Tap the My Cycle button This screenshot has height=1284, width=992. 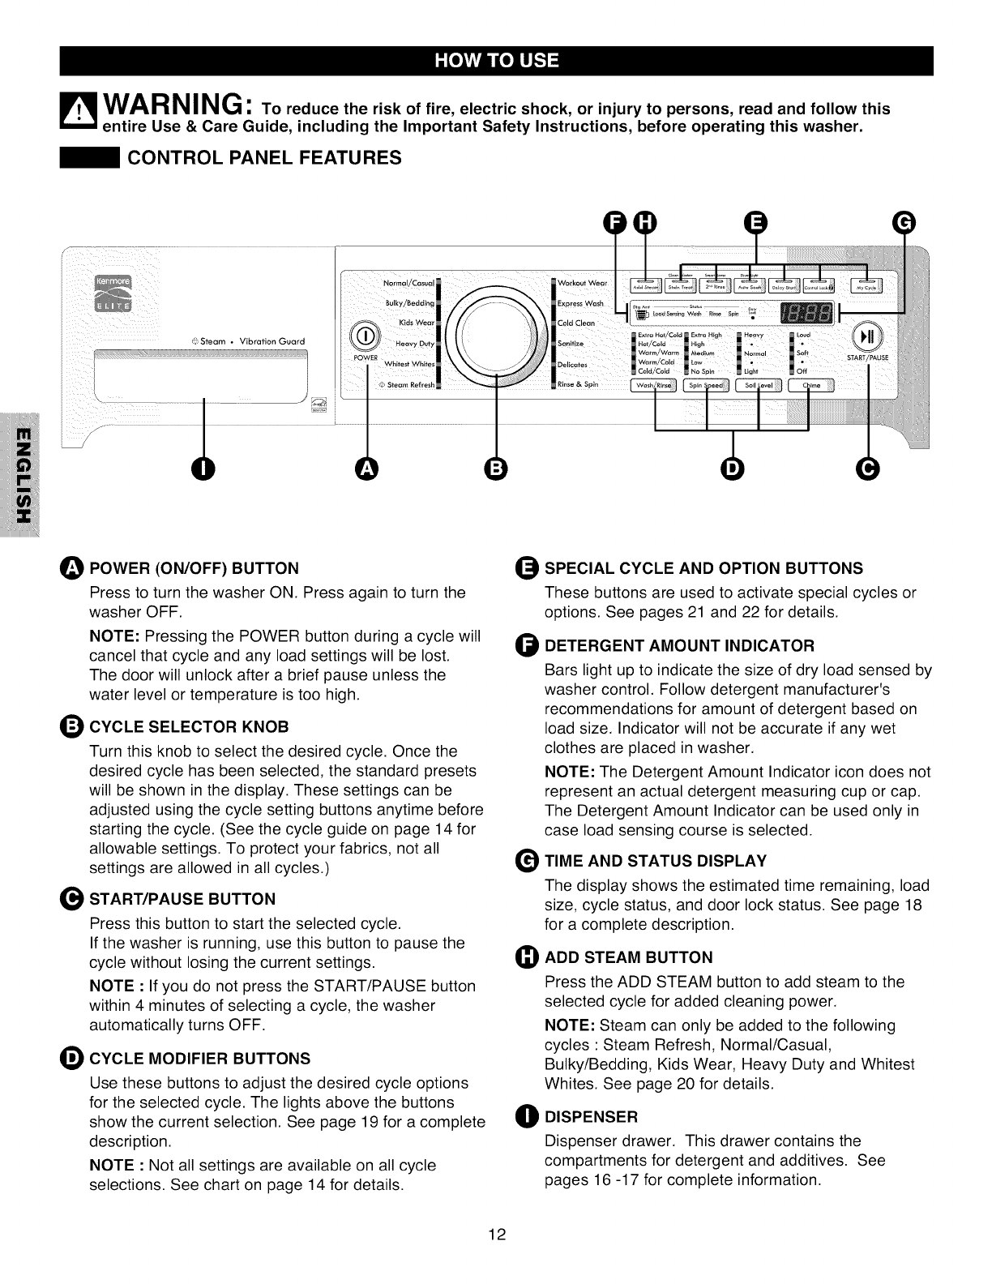tap(866, 286)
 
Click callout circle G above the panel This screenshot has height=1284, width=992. tap(903, 221)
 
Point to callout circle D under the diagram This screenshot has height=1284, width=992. tap(733, 469)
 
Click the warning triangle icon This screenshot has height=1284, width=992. tap(79, 113)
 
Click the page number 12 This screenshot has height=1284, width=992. tap(497, 1235)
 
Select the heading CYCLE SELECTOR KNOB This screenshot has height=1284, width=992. tap(188, 726)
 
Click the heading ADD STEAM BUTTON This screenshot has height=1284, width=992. tap(629, 957)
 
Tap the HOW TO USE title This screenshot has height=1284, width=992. tap(496, 62)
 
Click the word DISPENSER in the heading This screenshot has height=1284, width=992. tap(591, 1117)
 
